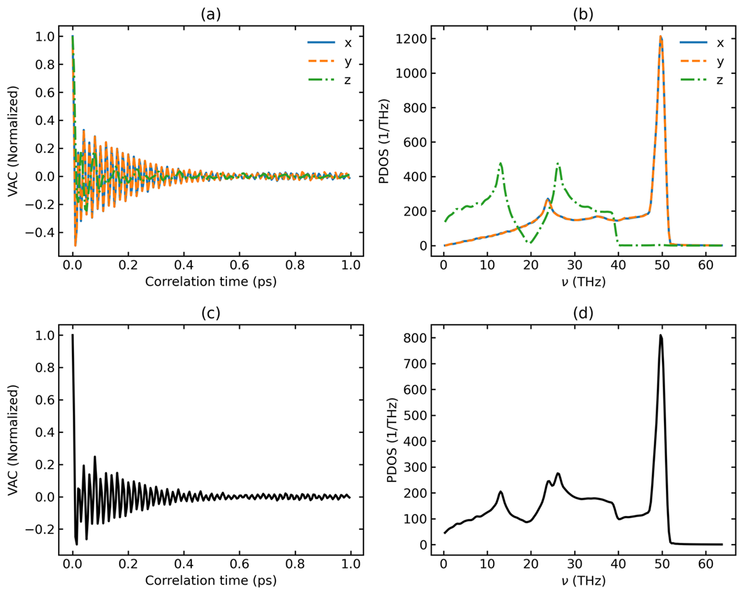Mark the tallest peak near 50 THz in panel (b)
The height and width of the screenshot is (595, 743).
pos(661,37)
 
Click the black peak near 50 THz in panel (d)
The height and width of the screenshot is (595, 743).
pos(661,335)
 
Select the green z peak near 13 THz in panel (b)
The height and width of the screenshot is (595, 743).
pos(501,163)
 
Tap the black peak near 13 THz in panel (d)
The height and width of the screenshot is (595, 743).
pos(501,491)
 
